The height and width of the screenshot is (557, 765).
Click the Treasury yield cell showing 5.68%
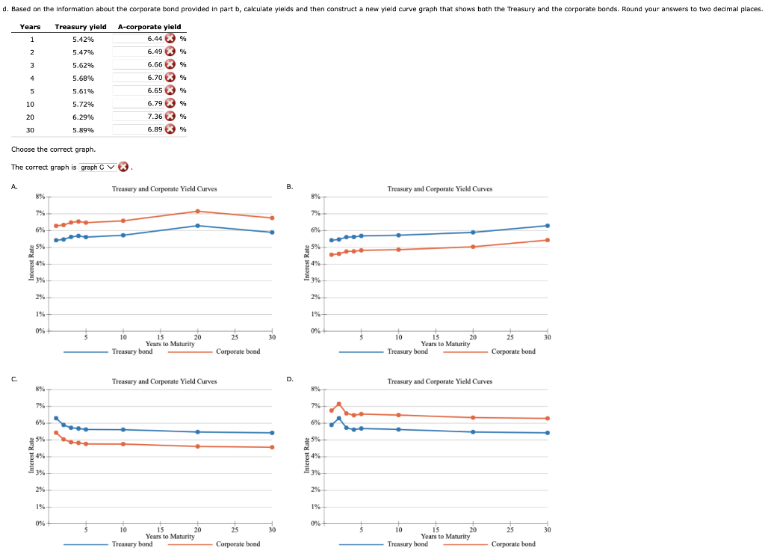pyautogui.click(x=83, y=78)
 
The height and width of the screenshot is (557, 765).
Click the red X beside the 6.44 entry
pyautogui.click(x=170, y=38)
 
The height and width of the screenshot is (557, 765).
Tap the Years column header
pyautogui.click(x=31, y=27)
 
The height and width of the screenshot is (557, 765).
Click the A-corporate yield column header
pyautogui.click(x=149, y=27)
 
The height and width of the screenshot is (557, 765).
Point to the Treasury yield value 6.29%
pyautogui.click(x=83, y=117)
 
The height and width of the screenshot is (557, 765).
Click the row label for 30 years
pyautogui.click(x=30, y=130)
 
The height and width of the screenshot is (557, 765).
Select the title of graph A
pyautogui.click(x=164, y=189)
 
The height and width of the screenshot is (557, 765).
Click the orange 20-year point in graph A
pyautogui.click(x=197, y=211)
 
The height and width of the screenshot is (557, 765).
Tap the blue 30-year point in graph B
pyautogui.click(x=548, y=225)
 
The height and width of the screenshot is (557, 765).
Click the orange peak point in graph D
pyautogui.click(x=338, y=404)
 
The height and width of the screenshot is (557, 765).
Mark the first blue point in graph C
pyautogui.click(x=56, y=418)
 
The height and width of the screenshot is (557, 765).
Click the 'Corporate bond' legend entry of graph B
pyautogui.click(x=513, y=351)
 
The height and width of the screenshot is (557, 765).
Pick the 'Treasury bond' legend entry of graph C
pyautogui.click(x=132, y=544)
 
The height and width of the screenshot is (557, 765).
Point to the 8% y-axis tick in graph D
pyautogui.click(x=316, y=389)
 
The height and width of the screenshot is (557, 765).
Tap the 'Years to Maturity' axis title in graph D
pyautogui.click(x=445, y=536)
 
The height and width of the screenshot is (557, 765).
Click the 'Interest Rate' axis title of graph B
pyautogui.click(x=306, y=263)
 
